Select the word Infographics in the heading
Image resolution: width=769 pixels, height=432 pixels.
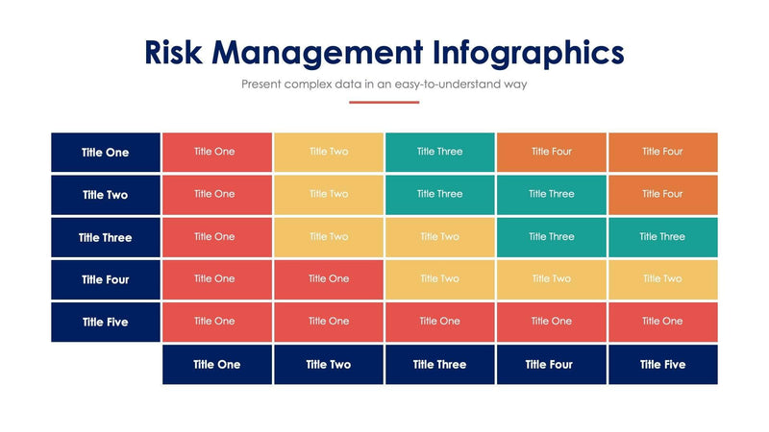coord(529,52)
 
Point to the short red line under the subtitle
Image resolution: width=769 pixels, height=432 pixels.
coord(384,102)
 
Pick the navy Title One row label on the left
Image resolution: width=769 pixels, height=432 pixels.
coord(106,153)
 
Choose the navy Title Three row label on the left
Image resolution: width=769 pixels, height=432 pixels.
coord(106,237)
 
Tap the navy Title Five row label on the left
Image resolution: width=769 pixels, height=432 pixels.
coord(106,323)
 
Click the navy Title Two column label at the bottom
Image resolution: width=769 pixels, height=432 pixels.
coord(329,365)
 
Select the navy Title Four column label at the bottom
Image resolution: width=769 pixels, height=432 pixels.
coord(552,365)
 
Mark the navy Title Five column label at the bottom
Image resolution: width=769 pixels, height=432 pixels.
coord(663,365)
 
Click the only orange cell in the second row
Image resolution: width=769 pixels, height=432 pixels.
coord(663,194)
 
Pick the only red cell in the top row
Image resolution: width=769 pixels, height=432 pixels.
coord(217,152)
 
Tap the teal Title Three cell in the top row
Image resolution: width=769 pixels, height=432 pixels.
coord(440,152)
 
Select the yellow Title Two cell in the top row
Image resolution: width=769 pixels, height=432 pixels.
coord(329,152)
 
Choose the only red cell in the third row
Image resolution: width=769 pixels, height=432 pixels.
coord(217,236)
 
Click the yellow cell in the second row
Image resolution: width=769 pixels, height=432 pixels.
coord(329,194)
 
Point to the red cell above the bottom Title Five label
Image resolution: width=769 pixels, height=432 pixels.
coord(663,322)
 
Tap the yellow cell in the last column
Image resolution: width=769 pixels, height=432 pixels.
coord(663,278)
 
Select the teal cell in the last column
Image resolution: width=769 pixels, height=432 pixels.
coord(663,236)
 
